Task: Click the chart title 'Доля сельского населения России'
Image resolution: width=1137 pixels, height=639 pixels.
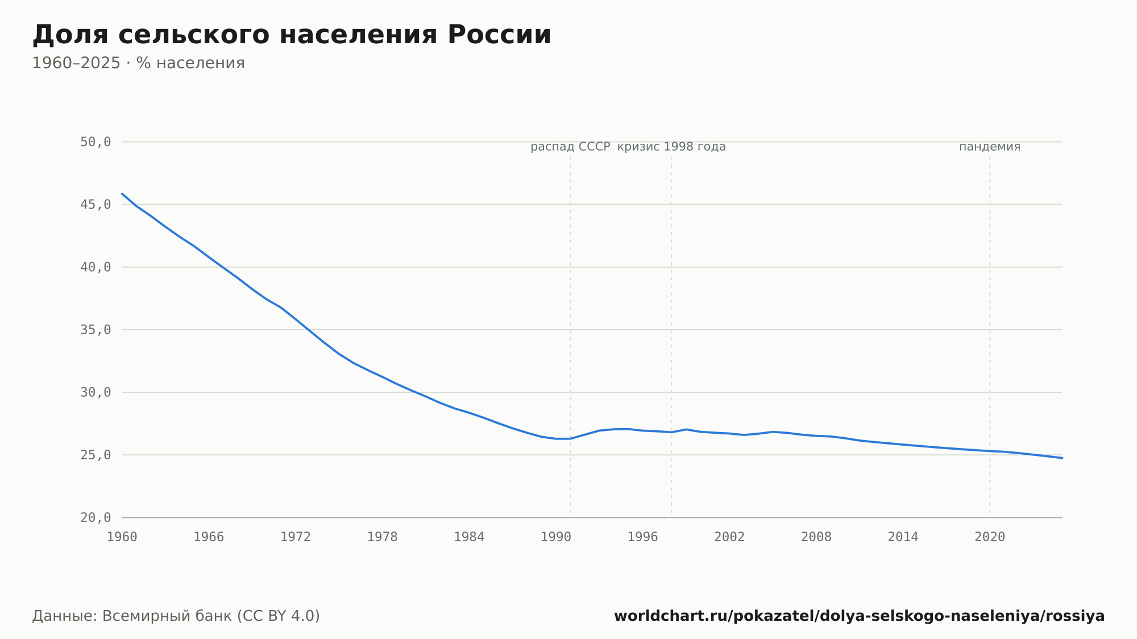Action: [292, 35]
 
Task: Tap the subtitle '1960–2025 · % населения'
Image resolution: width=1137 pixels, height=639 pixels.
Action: [138, 63]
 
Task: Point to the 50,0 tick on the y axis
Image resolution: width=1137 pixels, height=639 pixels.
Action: [96, 142]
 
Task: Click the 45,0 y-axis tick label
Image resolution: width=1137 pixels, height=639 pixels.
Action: [96, 205]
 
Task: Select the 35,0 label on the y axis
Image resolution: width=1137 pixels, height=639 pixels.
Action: [96, 330]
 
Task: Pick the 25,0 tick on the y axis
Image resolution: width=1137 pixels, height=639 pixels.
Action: [96, 455]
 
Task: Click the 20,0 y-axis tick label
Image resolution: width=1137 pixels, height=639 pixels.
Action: [96, 517]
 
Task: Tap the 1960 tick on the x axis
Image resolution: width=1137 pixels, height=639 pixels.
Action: [122, 537]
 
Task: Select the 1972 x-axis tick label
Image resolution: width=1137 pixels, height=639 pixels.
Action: [296, 537]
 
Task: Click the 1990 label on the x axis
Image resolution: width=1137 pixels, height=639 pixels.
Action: [556, 537]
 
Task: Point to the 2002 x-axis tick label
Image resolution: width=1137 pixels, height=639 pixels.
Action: [729, 537]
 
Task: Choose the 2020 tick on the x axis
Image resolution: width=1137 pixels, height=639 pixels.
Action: [990, 537]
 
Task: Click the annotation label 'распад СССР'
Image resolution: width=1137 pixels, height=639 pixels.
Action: [570, 147]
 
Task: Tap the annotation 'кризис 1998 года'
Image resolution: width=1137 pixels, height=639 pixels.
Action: [671, 147]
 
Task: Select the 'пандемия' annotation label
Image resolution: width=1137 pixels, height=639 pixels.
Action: [990, 147]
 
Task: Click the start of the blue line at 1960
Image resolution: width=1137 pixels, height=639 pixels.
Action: [122, 193]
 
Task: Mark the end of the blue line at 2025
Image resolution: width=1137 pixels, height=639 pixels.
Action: [1062, 458]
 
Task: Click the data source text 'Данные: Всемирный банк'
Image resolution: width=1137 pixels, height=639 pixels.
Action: [132, 616]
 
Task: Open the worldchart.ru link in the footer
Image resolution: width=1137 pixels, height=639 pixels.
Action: [859, 616]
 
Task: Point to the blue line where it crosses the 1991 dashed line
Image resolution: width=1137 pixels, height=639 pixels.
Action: [570, 438]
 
